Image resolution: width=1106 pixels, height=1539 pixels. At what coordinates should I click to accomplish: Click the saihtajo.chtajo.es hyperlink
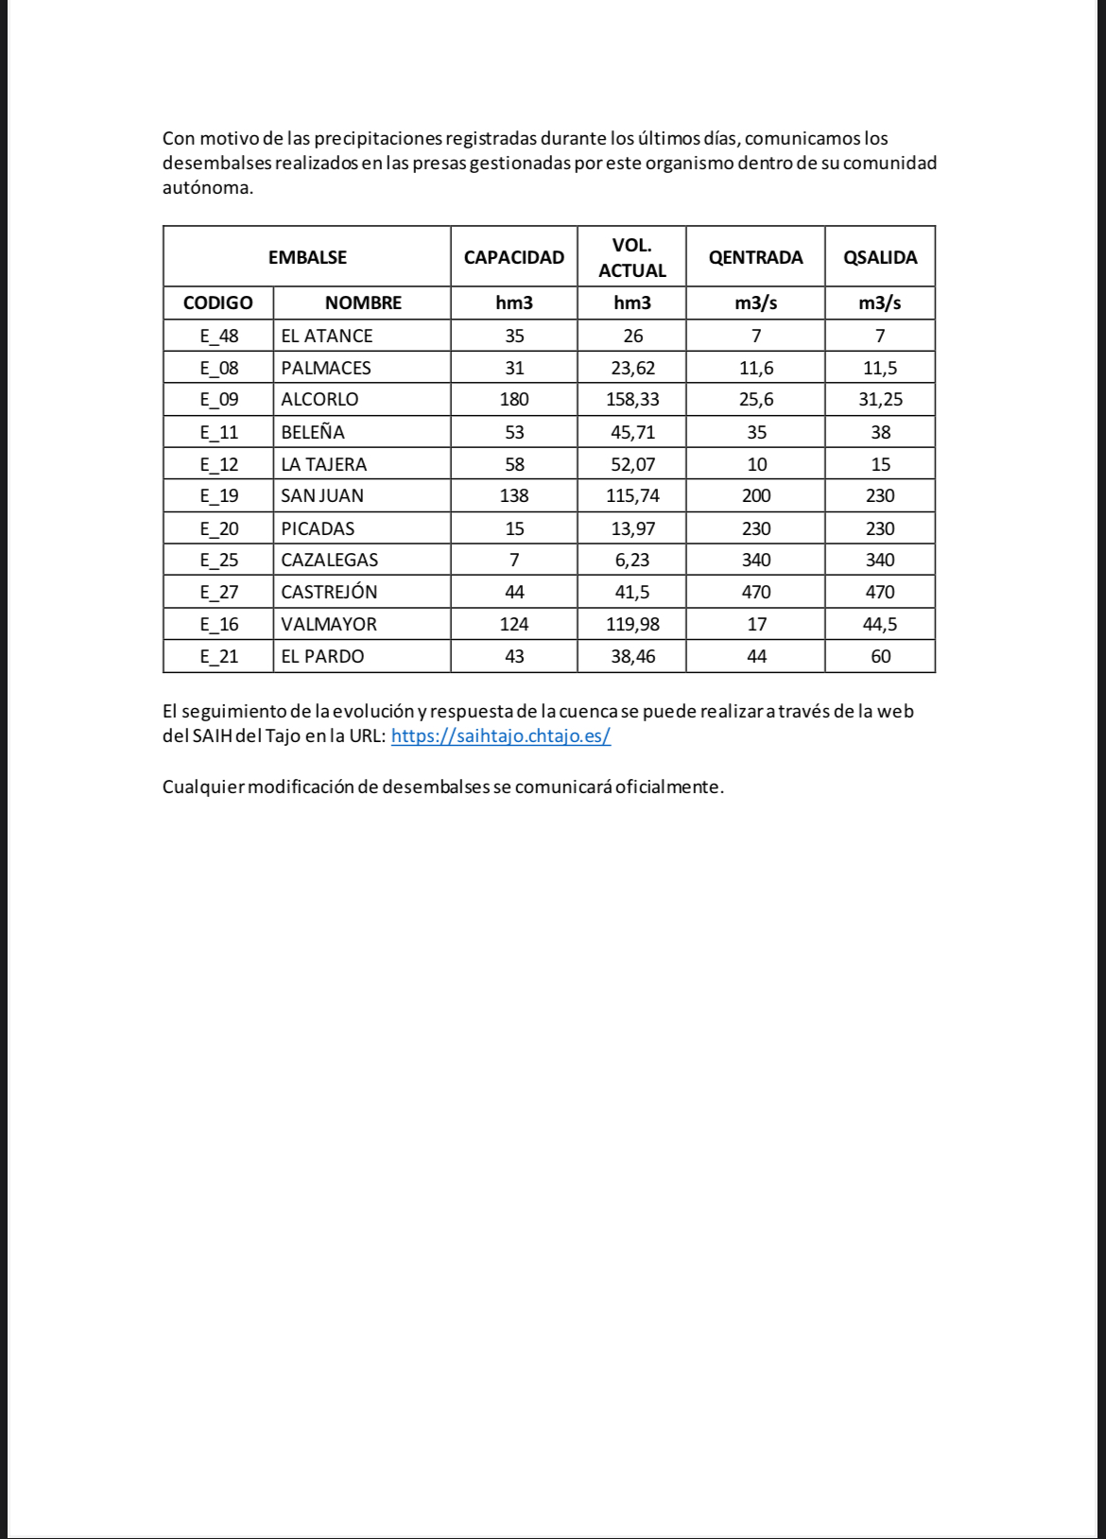point(500,735)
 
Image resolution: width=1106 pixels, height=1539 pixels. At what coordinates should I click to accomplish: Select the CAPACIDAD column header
point(513,257)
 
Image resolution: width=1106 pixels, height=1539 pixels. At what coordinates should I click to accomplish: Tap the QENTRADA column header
point(755,257)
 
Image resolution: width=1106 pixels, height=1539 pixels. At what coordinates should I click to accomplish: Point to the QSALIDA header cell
point(880,257)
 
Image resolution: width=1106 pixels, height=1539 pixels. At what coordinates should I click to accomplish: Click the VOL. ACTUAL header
point(632,257)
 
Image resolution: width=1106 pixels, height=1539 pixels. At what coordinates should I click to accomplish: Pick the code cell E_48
point(219,336)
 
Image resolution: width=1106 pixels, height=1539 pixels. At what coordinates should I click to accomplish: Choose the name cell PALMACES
point(326,368)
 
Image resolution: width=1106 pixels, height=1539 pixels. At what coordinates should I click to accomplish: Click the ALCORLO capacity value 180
point(514,399)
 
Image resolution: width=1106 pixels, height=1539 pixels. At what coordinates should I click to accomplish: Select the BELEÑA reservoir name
point(313,432)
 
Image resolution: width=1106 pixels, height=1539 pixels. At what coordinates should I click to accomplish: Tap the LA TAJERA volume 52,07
point(632,464)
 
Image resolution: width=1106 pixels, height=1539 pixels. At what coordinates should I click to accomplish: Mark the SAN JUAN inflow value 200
point(756,495)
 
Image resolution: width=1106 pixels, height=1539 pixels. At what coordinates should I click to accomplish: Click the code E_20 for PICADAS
point(219,528)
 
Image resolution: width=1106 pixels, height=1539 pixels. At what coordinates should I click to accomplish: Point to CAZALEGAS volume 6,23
point(632,560)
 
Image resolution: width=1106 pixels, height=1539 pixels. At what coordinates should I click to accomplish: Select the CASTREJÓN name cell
point(329,592)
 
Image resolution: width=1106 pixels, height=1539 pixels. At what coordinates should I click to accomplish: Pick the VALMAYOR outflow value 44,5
point(880,624)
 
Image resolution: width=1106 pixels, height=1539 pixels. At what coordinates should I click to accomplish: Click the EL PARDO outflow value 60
point(880,656)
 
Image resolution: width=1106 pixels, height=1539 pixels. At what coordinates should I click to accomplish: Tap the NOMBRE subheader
point(363,303)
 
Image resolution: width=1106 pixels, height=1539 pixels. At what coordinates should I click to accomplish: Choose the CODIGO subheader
point(218,303)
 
